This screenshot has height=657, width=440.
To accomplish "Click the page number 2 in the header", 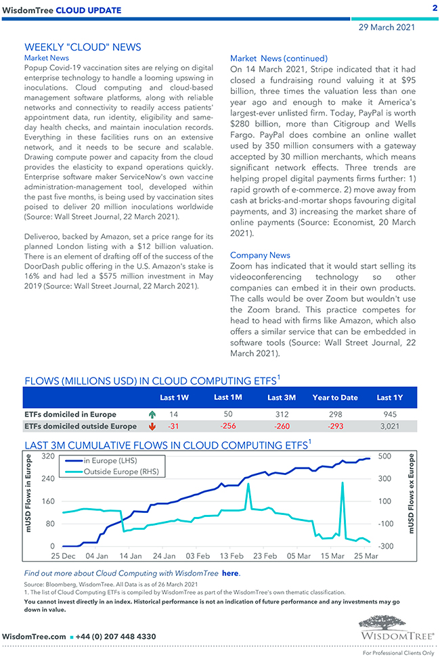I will click(x=434, y=8).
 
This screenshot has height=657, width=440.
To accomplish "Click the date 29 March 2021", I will click(x=387, y=27).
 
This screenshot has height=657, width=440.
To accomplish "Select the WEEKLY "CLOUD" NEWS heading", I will click(x=83, y=47).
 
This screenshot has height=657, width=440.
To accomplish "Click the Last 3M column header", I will click(x=281, y=397).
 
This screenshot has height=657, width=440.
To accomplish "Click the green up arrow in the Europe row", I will click(x=151, y=414).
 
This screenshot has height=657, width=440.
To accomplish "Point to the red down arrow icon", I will click(x=151, y=426).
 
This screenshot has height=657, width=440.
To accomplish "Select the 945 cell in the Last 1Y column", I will click(x=390, y=414).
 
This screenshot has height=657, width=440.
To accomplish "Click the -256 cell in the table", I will click(x=228, y=426).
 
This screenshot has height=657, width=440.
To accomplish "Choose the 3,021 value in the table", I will click(x=390, y=426).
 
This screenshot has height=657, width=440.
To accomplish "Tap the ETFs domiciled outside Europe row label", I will click(x=80, y=426).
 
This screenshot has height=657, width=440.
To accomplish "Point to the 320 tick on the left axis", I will click(x=47, y=457).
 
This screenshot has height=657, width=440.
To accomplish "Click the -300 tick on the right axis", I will click(x=386, y=546).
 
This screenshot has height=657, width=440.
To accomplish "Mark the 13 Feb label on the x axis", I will click(x=232, y=556).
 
